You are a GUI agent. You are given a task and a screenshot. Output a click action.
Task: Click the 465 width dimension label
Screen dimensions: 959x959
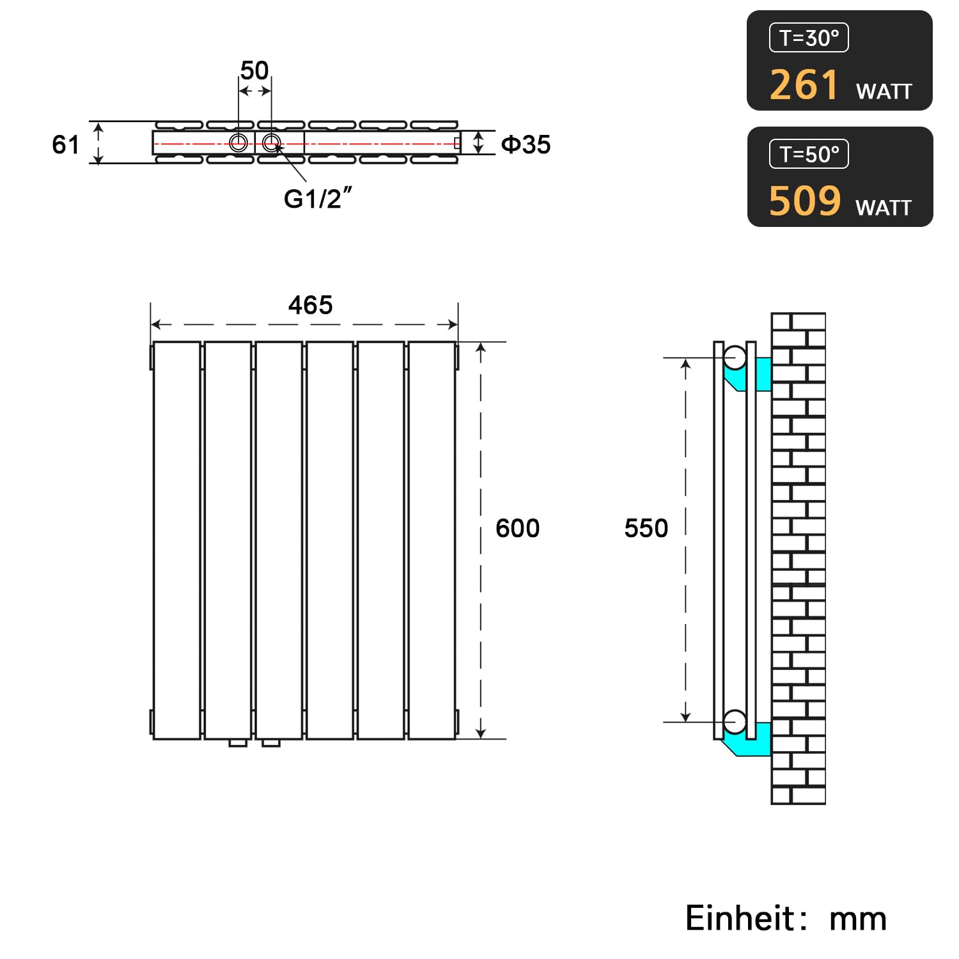pos(310,305)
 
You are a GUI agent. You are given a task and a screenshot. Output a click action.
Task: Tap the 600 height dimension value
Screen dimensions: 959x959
pos(517,528)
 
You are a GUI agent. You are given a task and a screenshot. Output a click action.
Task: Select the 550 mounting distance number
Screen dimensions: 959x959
pos(646,528)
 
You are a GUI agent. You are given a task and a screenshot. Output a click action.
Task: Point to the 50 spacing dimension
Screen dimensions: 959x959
pos(254,70)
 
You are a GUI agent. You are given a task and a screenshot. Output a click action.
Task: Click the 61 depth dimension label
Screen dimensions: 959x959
pos(65,145)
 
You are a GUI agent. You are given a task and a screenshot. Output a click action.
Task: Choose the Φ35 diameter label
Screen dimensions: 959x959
pos(526,144)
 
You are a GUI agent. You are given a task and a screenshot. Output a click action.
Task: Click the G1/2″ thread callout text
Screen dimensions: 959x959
pos(318,198)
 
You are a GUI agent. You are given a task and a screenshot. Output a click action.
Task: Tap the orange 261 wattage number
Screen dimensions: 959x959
pos(804,84)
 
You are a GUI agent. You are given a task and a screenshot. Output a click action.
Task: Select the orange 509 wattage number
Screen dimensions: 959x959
pos(805,201)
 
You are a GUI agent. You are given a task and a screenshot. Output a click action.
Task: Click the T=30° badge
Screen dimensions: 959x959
pos(809,38)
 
